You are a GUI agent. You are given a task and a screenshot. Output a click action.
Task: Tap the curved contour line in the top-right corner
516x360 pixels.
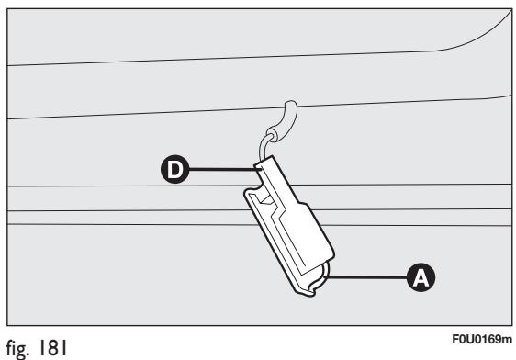point(477,37)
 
